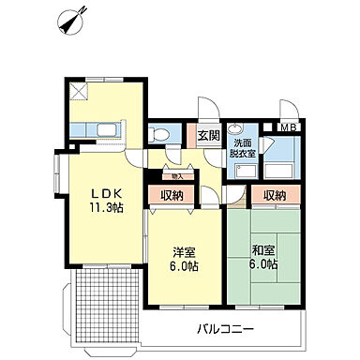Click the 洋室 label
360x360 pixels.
tap(184, 252)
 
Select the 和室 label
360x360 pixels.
tap(263, 250)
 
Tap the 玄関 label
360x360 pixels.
tap(208, 135)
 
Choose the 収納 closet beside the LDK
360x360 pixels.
tap(171, 195)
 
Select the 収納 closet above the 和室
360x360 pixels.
tap(274, 195)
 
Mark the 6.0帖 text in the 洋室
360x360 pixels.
tap(184, 266)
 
